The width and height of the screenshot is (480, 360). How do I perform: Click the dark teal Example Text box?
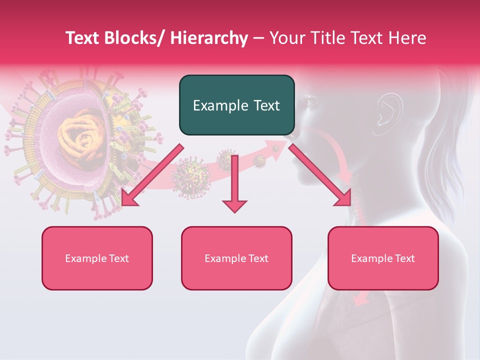coord(236,105)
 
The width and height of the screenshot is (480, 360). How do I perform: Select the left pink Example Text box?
coord(97,258)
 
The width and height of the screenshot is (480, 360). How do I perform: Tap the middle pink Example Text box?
coord(236,258)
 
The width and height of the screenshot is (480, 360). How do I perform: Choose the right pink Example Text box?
coord(383,258)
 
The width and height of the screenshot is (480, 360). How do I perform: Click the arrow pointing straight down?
coord(234,185)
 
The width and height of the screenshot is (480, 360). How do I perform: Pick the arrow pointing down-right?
coord(320,175)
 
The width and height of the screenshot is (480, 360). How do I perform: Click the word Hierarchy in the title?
coord(209,38)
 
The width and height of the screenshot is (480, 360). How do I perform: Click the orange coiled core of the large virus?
coord(80,137)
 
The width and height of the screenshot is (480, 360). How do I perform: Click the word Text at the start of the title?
coord(83,38)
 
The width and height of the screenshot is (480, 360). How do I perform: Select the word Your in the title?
coord(286,38)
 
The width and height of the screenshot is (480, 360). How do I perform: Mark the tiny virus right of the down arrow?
coord(258,160)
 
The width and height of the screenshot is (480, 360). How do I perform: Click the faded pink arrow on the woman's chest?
coord(361,298)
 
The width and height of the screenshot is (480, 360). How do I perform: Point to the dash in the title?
coord(258,38)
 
